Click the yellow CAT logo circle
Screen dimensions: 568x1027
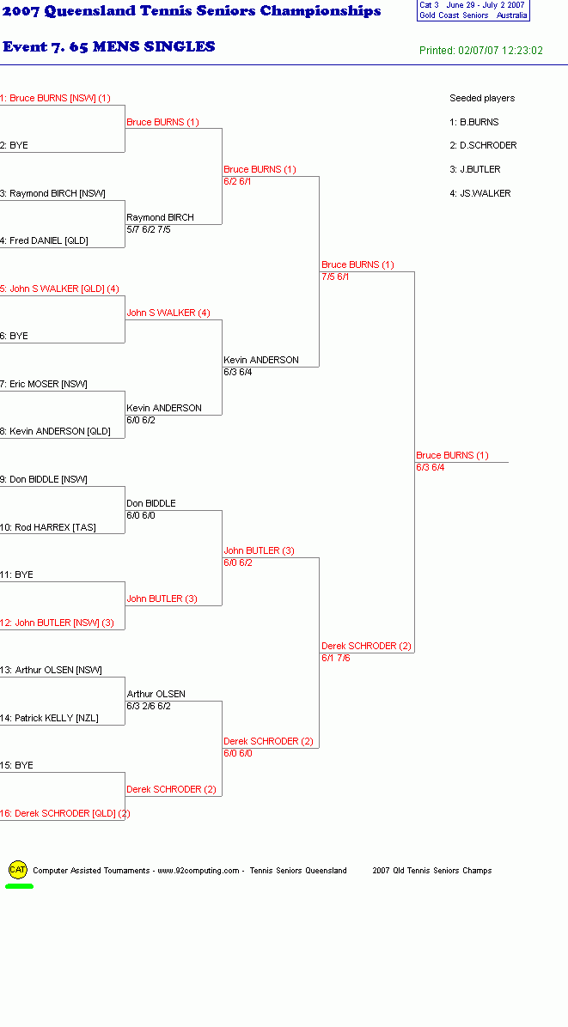[18, 870]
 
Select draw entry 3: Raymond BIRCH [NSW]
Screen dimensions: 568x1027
[52, 193]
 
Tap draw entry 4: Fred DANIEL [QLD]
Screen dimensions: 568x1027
[44, 240]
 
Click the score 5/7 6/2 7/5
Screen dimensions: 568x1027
[149, 230]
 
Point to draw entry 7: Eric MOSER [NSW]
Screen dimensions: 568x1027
[43, 384]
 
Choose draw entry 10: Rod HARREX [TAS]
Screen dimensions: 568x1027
[48, 527]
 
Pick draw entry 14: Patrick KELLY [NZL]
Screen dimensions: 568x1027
[49, 718]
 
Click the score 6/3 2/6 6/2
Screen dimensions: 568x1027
[149, 706]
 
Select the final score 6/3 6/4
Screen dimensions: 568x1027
[431, 468]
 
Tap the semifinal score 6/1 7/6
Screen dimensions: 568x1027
[335, 659]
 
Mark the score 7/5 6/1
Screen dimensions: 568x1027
[335, 277]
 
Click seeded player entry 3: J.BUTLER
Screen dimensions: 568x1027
[475, 169]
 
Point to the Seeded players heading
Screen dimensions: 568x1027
[482, 98]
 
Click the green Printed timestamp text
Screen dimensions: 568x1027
[481, 51]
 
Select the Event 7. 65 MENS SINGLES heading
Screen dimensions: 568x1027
[109, 46]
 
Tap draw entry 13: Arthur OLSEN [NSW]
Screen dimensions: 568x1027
[51, 670]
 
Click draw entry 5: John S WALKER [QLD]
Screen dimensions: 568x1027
[59, 289]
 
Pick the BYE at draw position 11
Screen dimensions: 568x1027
[16, 575]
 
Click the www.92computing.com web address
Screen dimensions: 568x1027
[198, 871]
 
